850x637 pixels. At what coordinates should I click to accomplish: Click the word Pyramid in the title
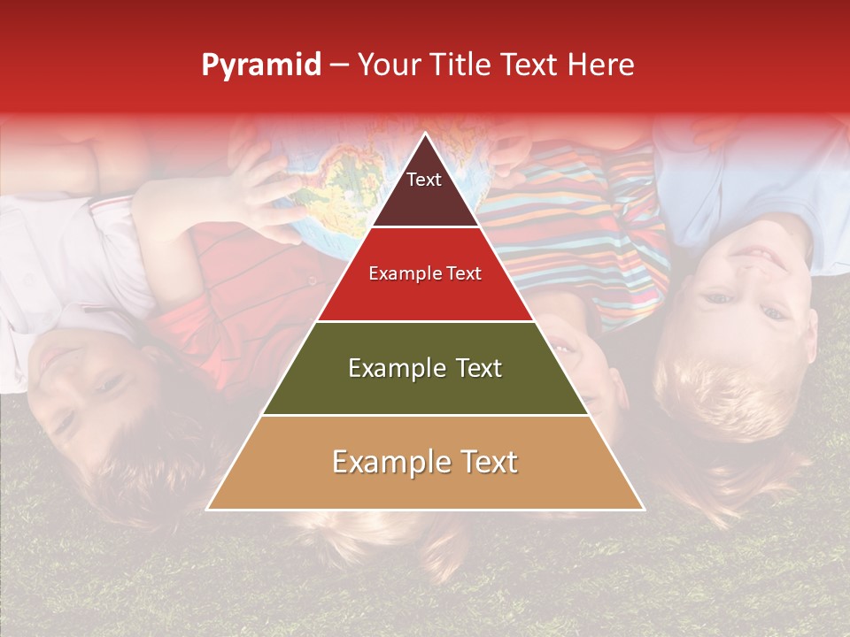260,65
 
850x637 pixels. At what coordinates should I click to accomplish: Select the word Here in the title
603,65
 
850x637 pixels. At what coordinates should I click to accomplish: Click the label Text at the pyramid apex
424,180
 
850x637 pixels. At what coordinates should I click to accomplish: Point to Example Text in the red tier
425,273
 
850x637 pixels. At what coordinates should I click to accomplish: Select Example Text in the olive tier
425,368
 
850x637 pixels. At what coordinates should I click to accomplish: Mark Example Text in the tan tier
425,462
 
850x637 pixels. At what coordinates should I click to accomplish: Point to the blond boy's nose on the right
742,292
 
